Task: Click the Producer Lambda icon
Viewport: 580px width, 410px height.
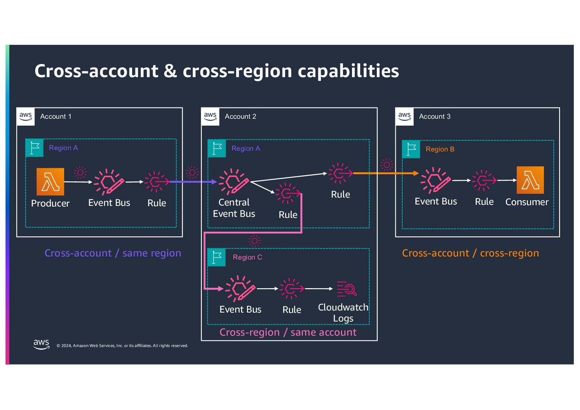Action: coord(50,181)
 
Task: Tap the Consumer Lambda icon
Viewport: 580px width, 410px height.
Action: coord(530,180)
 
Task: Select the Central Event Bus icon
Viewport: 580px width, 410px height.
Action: coord(234,181)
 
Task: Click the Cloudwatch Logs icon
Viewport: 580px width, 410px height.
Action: coord(346,288)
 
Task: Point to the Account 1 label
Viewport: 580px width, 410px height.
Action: coord(56,116)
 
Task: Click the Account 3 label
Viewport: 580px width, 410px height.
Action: coord(435,116)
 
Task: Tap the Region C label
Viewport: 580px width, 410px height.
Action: coord(247,257)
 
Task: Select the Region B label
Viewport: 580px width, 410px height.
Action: coord(440,149)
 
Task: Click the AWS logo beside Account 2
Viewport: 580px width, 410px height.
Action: coord(210,116)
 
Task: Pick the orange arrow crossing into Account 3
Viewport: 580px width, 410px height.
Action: coord(386,173)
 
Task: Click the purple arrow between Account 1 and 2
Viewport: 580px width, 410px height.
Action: coord(193,181)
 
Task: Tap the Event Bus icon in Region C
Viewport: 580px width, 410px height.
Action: coord(240,288)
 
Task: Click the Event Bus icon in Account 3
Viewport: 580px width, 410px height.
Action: coord(435,180)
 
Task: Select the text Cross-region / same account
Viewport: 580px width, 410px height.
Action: coord(288,332)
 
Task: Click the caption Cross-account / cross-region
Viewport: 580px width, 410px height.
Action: coord(470,253)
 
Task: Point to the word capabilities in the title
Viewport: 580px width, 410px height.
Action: coord(348,71)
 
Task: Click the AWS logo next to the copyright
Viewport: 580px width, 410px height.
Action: coord(41,344)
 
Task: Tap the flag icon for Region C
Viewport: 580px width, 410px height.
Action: coord(217,257)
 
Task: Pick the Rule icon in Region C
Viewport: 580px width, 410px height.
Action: coord(291,288)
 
